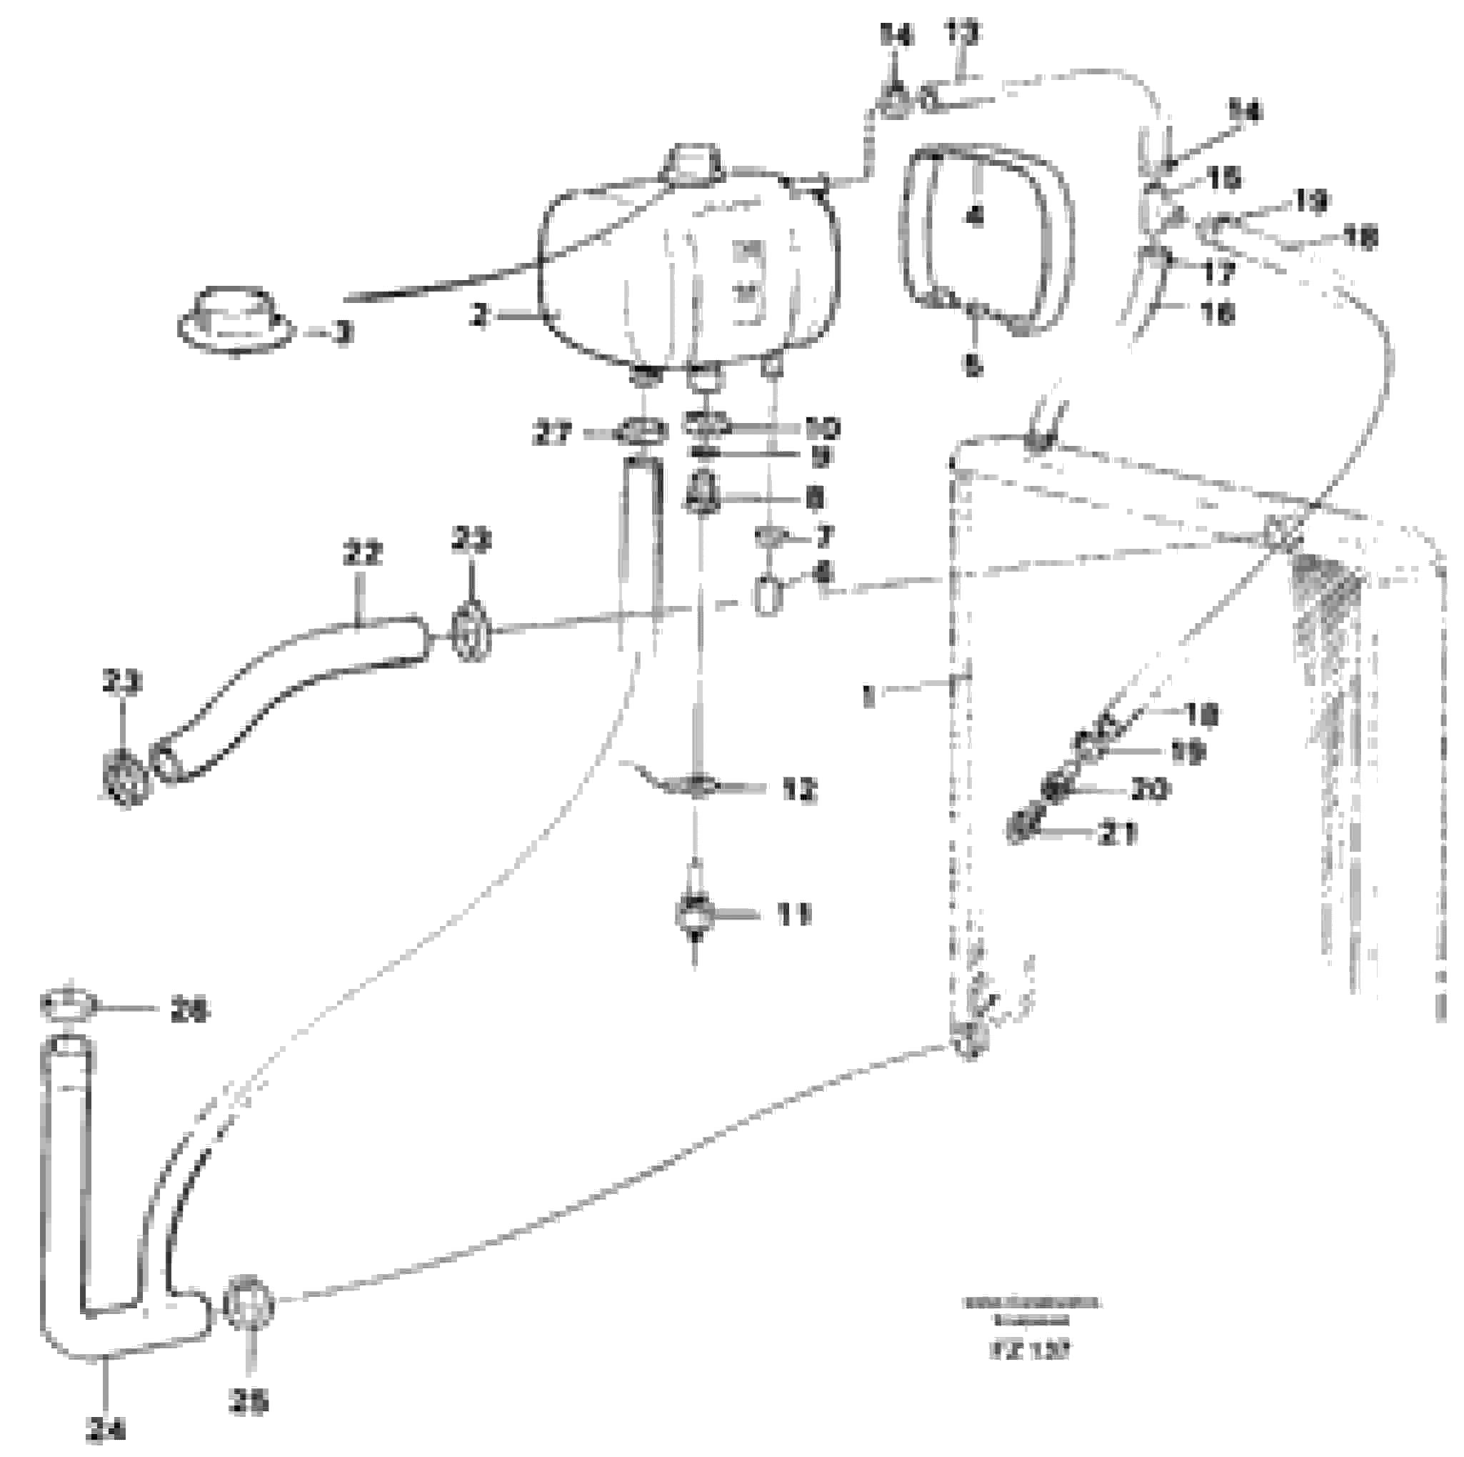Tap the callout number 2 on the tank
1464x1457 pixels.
(x=479, y=316)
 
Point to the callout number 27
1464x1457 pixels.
(x=553, y=435)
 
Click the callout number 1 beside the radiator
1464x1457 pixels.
(x=868, y=695)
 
